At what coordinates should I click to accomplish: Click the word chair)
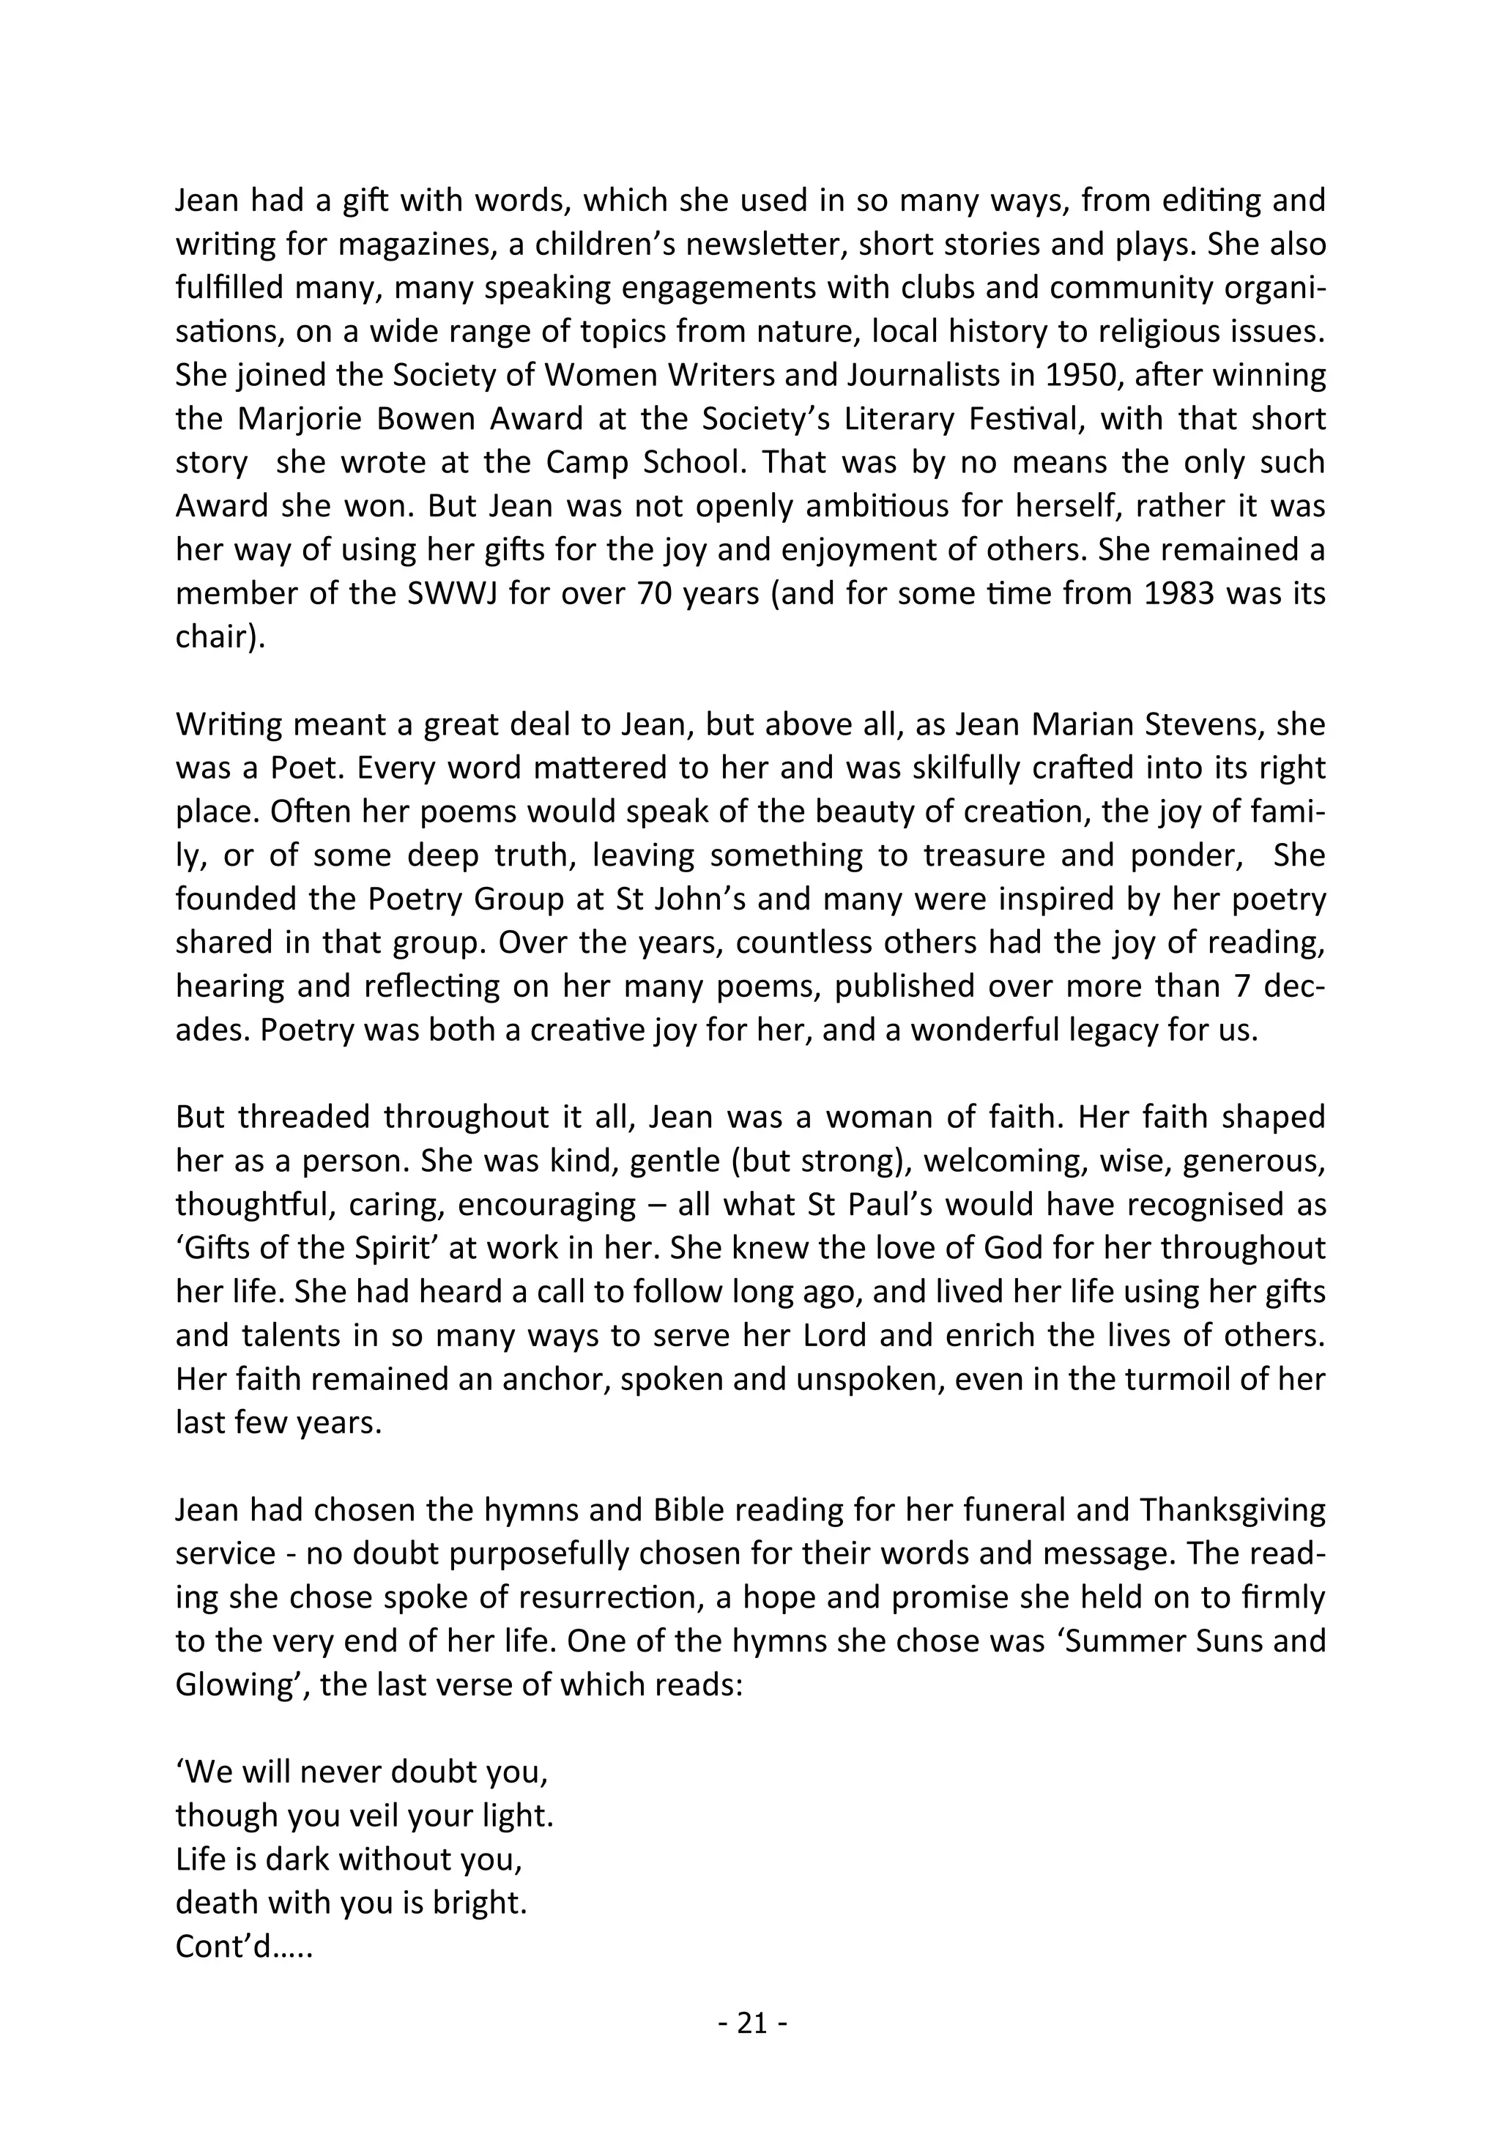[x=220, y=638]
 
